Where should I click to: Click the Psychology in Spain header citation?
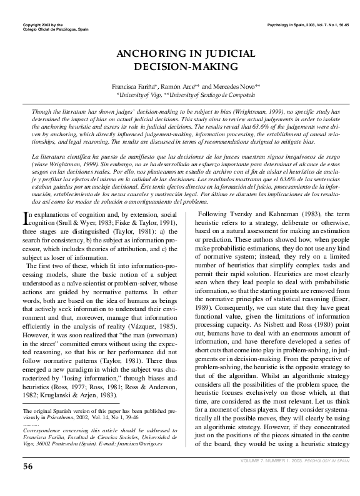pos(306,24)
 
